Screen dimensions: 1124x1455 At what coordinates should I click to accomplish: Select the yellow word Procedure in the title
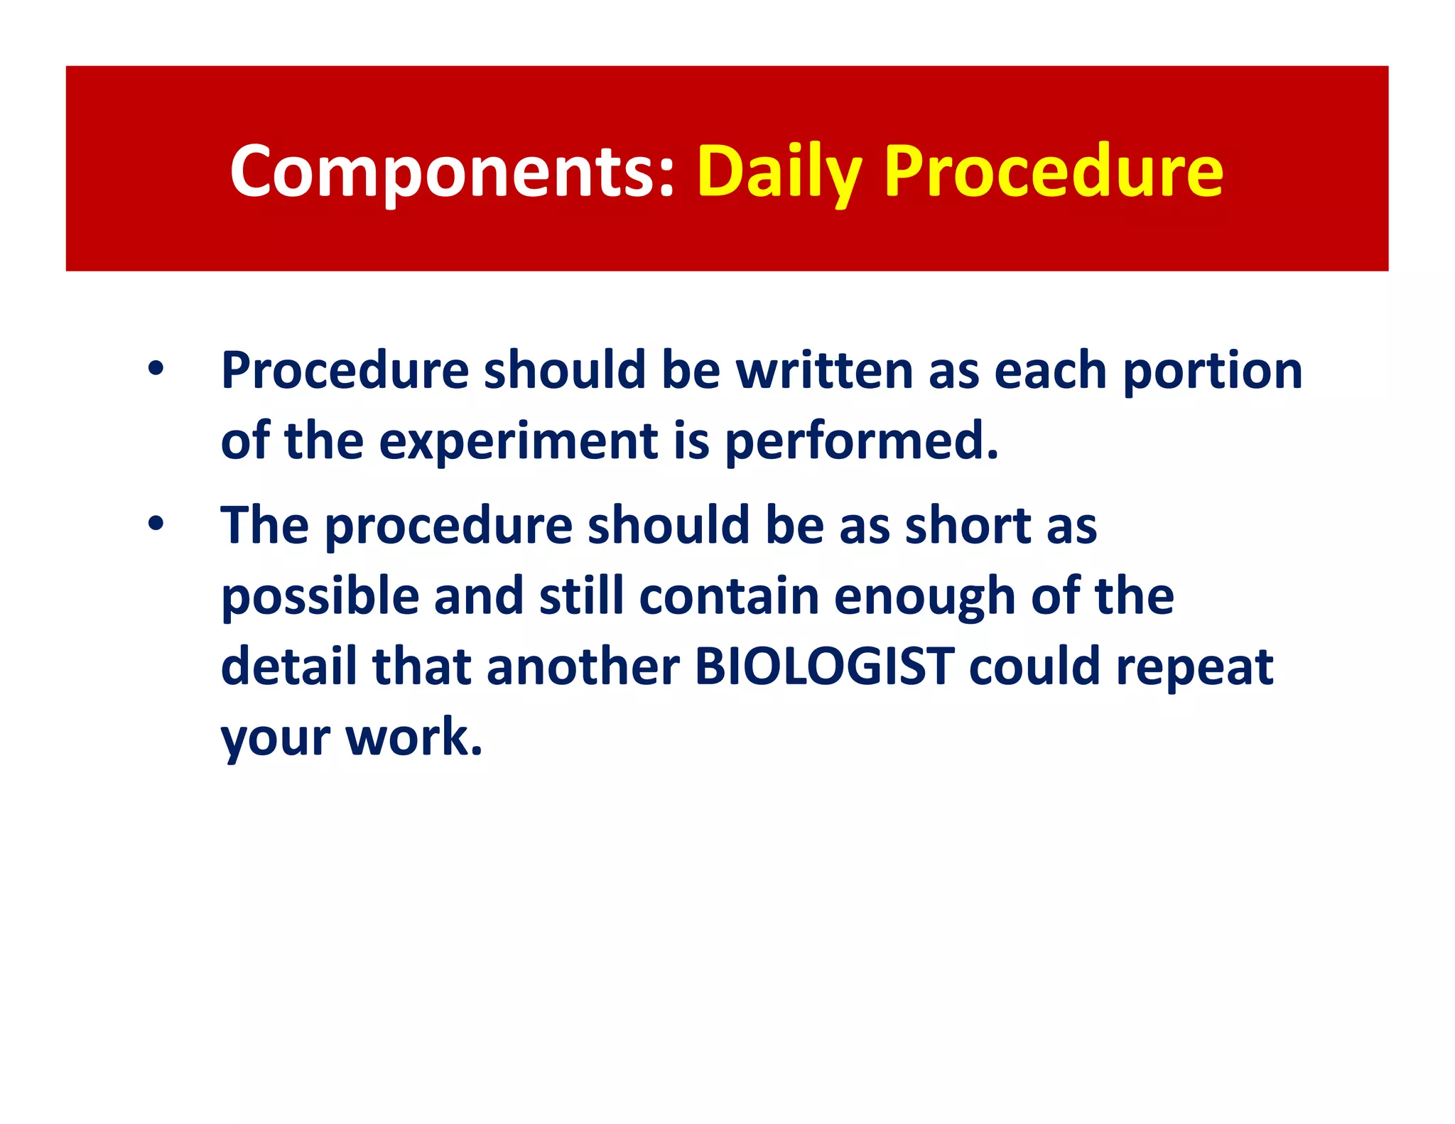(1054, 172)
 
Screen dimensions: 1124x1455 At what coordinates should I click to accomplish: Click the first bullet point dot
(156, 369)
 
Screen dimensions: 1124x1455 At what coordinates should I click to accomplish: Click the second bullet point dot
(156, 524)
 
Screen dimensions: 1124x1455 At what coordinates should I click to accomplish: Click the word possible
(320, 597)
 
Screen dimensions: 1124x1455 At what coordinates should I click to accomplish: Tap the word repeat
(1194, 668)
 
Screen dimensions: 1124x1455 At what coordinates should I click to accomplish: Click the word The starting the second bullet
(264, 526)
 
